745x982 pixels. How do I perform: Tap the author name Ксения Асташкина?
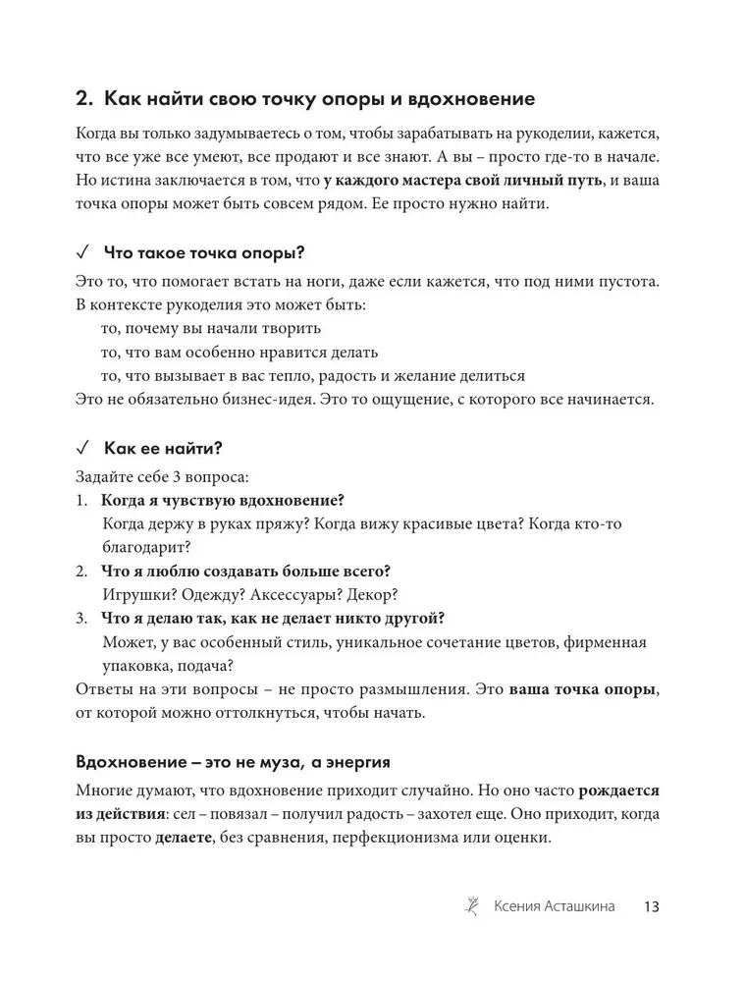555,906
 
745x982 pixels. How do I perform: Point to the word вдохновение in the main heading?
470,99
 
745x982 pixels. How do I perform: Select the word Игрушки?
135,595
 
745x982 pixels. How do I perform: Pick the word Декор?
371,595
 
